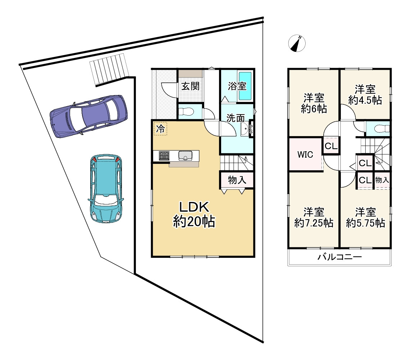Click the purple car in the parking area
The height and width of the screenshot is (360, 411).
tap(88, 116)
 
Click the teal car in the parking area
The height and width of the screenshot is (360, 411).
tap(106, 188)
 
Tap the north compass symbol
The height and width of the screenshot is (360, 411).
tap(297, 43)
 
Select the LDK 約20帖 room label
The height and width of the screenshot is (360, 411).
tap(194, 214)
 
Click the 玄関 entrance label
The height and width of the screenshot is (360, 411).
tap(190, 86)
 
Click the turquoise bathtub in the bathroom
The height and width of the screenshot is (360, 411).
tap(245, 86)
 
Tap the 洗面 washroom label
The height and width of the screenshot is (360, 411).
tap(236, 118)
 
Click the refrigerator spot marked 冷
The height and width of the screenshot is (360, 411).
tap(160, 129)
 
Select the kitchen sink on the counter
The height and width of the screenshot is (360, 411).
tap(185, 155)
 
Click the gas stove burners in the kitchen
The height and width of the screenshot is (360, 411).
tap(164, 156)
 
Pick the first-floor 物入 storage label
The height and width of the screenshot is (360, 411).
tap(237, 180)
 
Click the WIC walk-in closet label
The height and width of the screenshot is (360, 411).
tap(305, 154)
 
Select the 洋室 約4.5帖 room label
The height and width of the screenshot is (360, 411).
tap(365, 95)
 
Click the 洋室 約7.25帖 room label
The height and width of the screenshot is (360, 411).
tap(314, 217)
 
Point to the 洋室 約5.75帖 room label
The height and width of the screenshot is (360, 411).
tap(365, 217)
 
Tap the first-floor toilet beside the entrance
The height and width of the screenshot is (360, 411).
tap(186, 112)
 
